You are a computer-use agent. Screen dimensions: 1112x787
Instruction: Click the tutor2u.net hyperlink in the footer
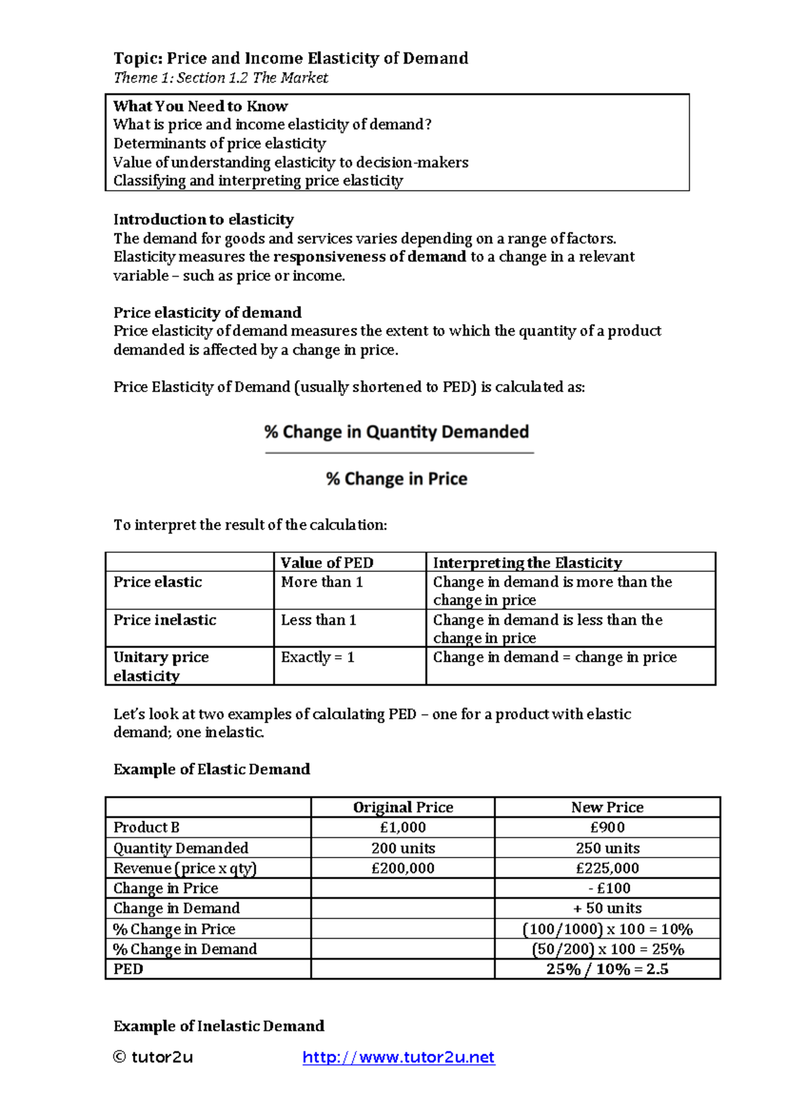[398, 1057]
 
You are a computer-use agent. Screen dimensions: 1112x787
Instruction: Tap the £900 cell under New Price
[607, 827]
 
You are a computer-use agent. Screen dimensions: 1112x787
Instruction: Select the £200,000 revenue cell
[403, 868]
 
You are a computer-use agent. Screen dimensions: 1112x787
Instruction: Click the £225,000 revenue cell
[607, 868]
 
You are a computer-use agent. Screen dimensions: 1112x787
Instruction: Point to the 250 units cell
[607, 848]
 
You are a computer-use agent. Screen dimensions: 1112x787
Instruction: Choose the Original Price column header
[403, 807]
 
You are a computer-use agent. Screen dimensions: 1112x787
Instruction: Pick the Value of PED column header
[327, 563]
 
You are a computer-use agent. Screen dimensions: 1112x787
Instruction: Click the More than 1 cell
[321, 582]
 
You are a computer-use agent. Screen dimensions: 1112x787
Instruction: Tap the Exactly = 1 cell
[317, 657]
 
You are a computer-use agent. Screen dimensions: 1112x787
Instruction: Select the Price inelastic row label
[165, 620]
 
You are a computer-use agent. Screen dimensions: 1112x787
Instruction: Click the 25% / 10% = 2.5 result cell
[607, 969]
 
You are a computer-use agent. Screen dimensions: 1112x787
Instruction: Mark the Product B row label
[146, 827]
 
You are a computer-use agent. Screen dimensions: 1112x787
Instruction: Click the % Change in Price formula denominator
[397, 479]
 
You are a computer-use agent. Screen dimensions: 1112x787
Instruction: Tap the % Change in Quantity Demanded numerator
[397, 431]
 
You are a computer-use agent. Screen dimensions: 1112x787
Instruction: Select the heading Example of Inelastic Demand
[218, 1026]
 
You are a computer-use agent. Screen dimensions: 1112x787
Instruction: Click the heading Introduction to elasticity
[203, 219]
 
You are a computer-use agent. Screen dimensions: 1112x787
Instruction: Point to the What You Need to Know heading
[200, 106]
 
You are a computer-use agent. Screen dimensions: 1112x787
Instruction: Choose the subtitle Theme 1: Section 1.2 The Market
[220, 77]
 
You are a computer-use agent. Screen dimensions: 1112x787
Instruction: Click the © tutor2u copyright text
[153, 1057]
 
